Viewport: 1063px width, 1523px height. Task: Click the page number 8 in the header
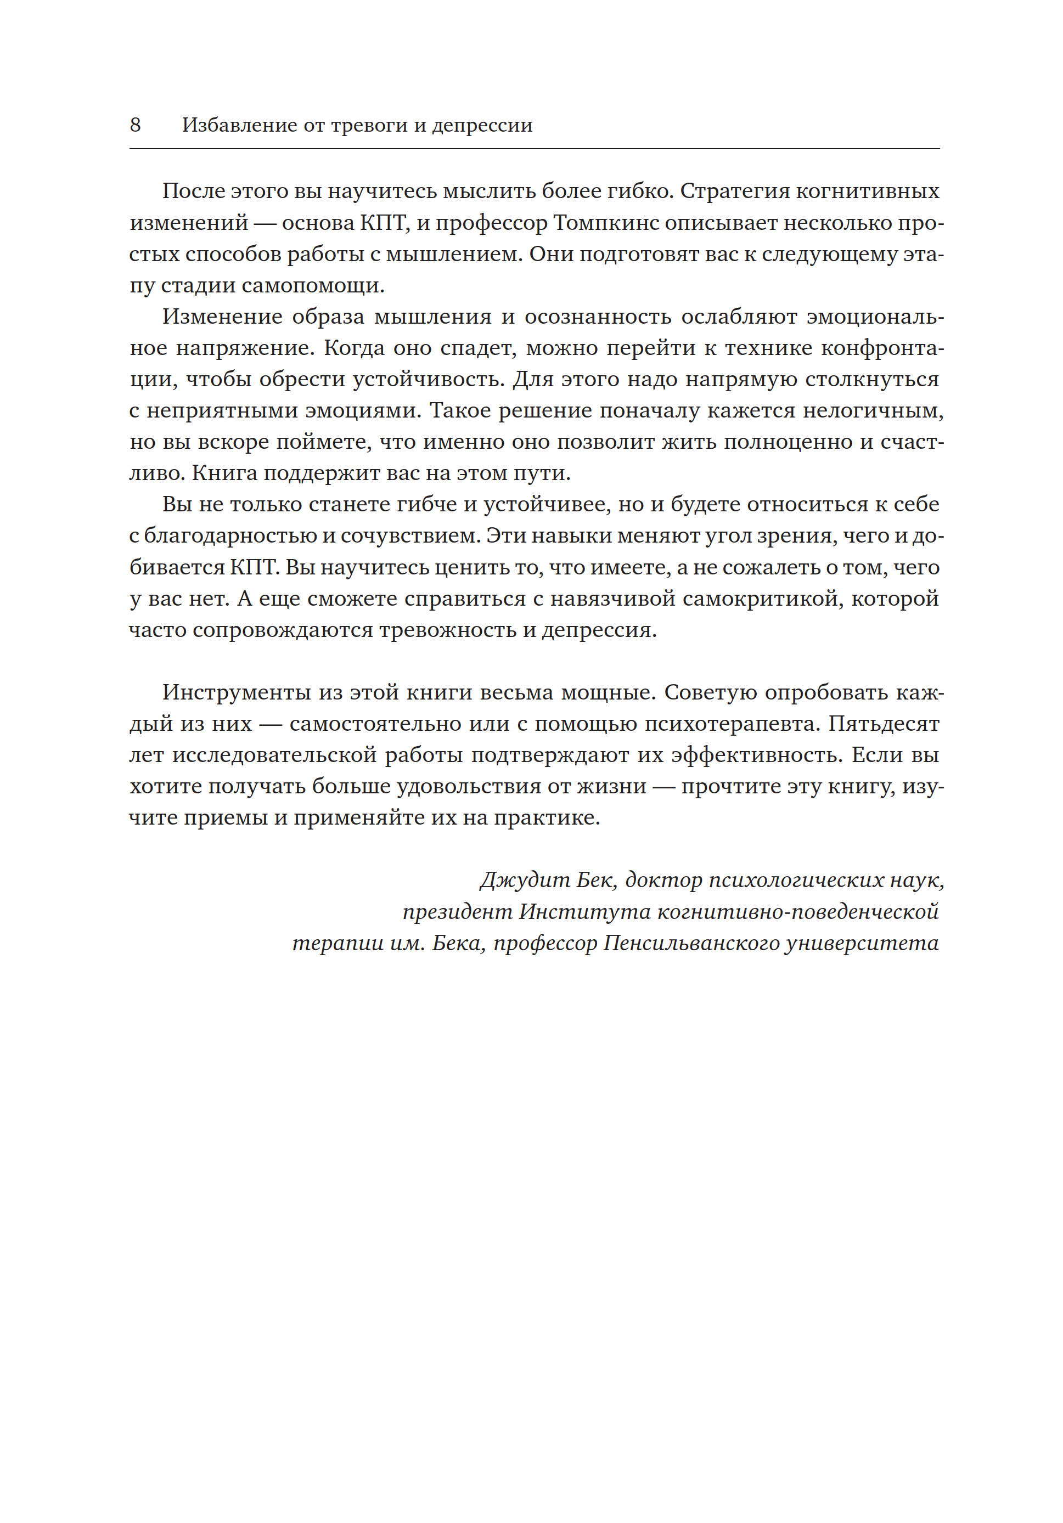136,125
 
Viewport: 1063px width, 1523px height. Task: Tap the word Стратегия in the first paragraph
734,191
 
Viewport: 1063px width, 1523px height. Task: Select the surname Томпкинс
606,223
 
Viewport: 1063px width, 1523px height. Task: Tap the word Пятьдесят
883,724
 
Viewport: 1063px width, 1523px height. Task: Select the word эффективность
756,755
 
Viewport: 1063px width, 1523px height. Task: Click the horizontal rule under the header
534,149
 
